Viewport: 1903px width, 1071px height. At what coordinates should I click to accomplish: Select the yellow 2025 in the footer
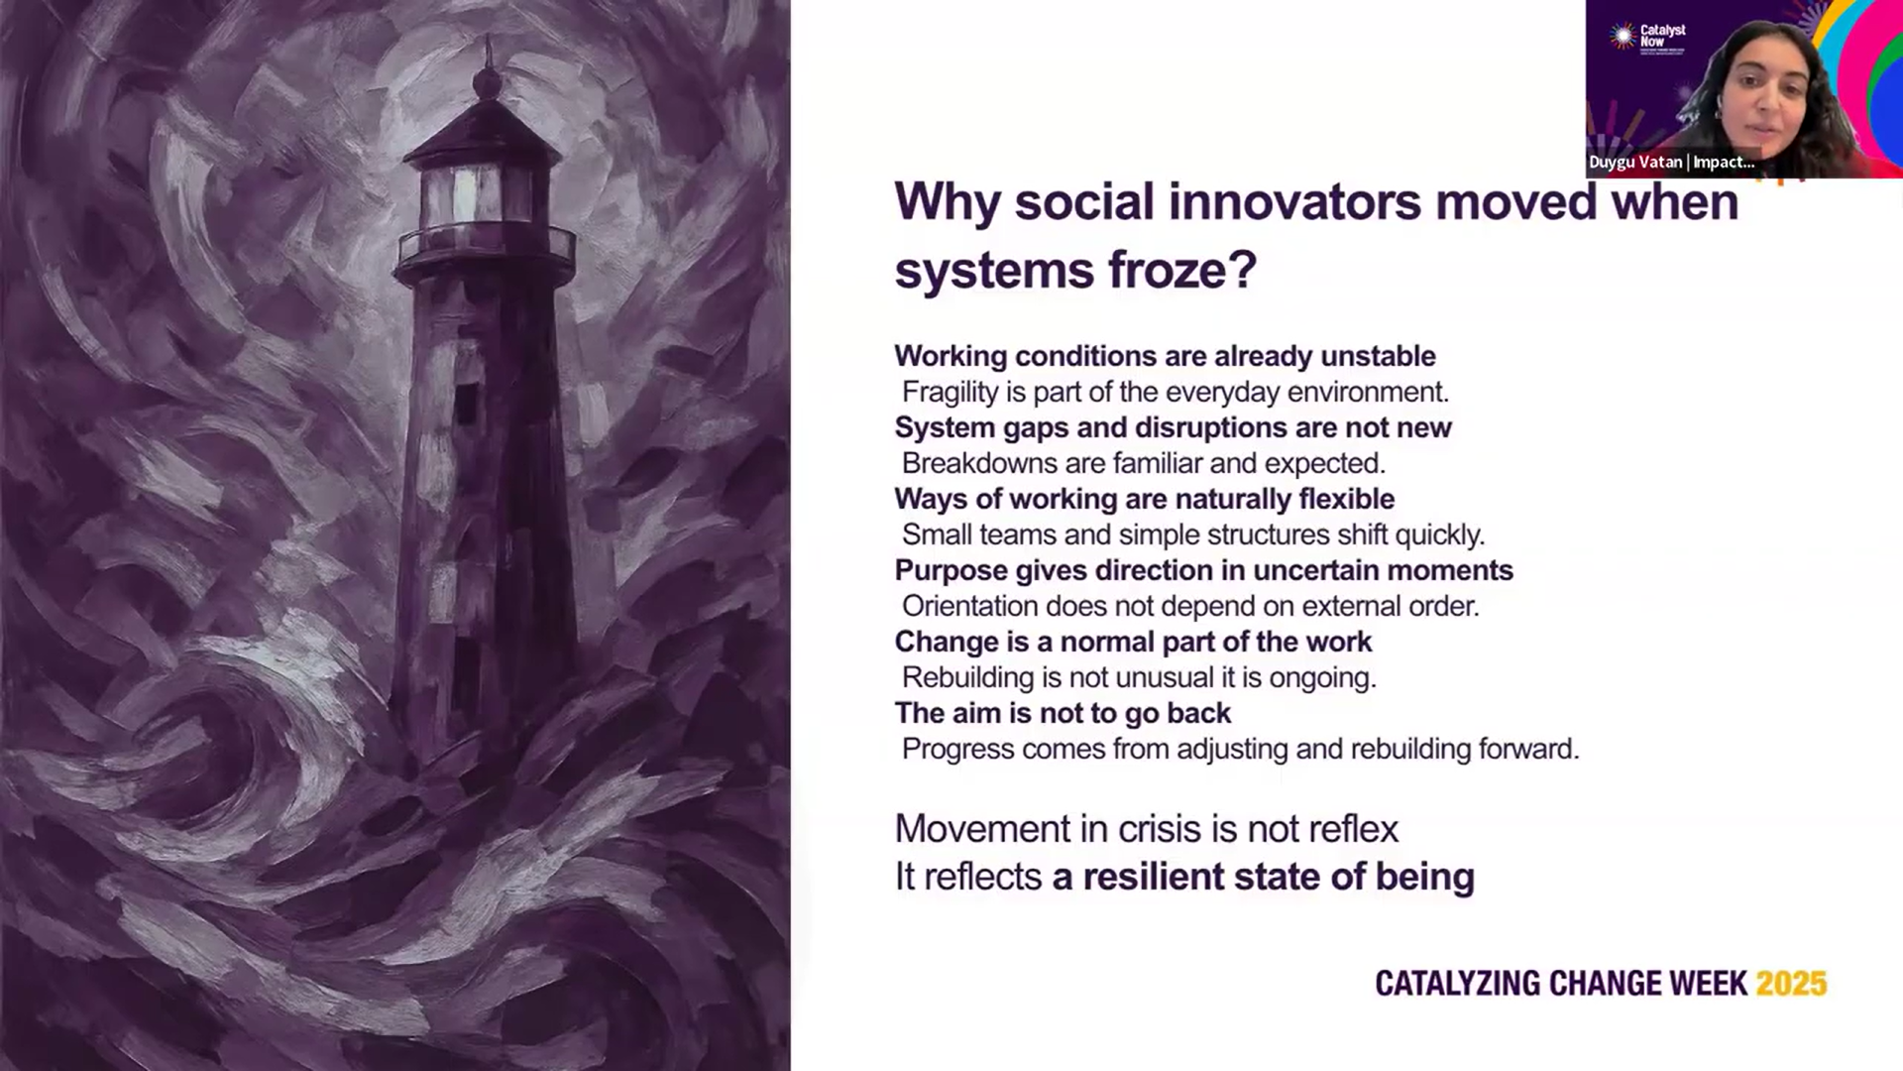1791,983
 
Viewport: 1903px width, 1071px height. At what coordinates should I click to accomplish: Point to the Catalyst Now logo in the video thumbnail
1646,37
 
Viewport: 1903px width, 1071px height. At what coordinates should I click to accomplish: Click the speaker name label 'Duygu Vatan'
1635,162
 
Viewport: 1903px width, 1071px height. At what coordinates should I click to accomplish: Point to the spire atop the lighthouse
487,69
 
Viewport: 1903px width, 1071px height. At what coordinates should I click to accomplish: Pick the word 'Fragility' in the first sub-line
951,393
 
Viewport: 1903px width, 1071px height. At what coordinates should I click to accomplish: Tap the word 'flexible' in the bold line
1347,499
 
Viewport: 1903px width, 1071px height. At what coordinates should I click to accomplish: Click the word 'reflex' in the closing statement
1351,829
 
